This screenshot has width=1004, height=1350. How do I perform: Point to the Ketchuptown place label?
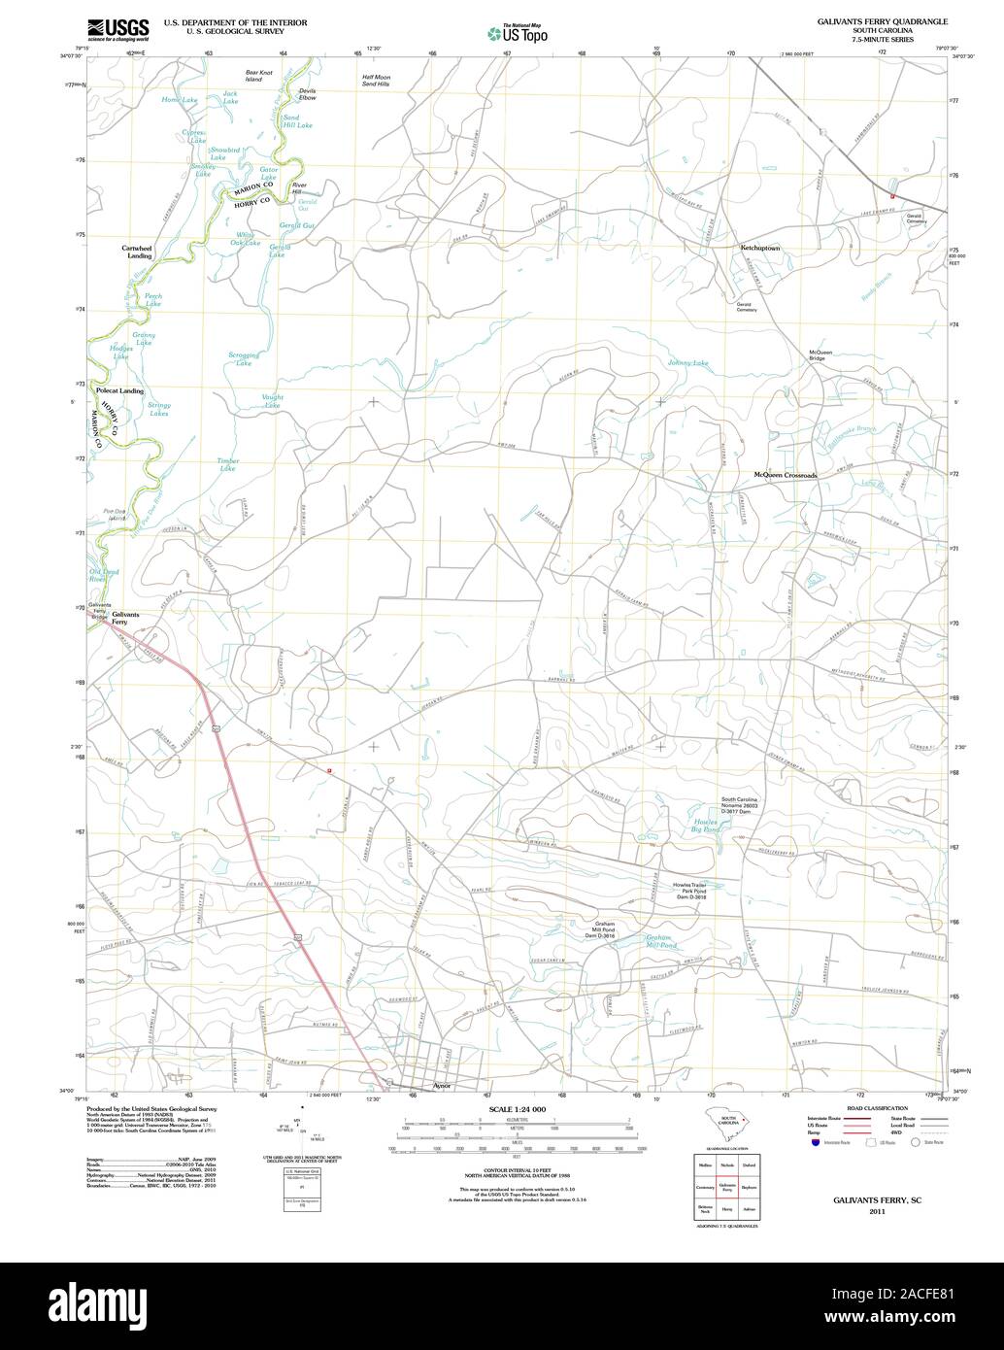[x=760, y=249]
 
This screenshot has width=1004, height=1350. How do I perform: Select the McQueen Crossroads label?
[x=786, y=475]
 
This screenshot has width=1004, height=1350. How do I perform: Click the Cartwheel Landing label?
[x=137, y=252]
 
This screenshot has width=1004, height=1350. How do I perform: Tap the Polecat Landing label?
[x=120, y=390]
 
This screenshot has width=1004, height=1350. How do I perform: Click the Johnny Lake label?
[x=687, y=363]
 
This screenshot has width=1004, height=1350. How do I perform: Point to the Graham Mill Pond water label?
[x=660, y=941]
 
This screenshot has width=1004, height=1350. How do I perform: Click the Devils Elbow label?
[x=307, y=95]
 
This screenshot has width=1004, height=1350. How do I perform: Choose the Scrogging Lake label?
[x=244, y=359]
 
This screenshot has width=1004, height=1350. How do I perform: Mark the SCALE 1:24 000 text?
[x=518, y=1109]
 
